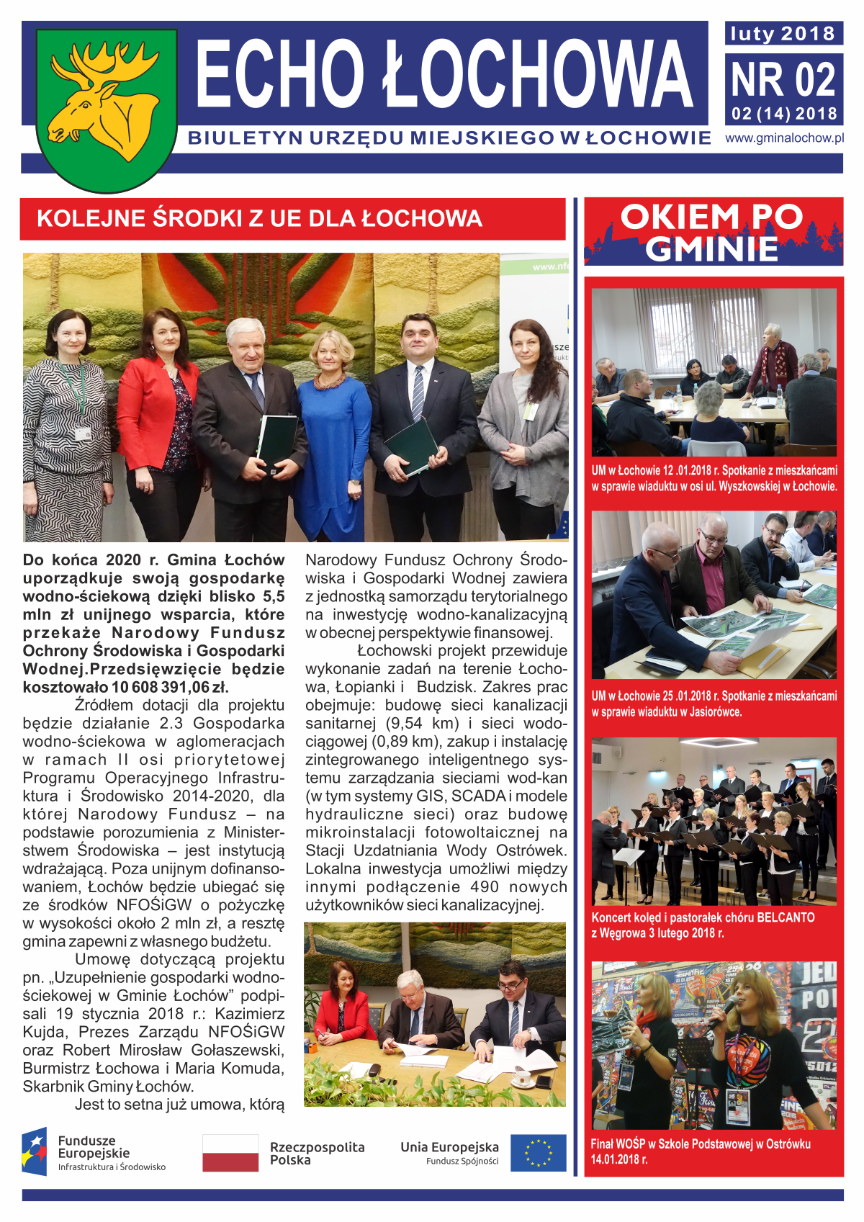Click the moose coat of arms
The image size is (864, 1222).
pos(106,108)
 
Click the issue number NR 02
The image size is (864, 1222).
pos(783,80)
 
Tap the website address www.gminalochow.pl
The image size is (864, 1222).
pos(784,138)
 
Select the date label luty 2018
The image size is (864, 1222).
pos(783,34)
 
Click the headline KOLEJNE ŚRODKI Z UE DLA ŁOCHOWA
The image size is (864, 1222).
pos(259,219)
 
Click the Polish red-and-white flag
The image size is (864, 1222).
pos(230,1153)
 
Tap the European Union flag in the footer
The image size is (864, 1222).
pos(538,1153)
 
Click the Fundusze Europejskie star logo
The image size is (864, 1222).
pos(35,1151)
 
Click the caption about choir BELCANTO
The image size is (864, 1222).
pos(703,925)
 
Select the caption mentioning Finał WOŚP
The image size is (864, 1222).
pos(700,1151)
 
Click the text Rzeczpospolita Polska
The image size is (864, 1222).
pos(317,1154)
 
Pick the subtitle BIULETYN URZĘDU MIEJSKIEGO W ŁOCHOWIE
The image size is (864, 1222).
pos(449,138)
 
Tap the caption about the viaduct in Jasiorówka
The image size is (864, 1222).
pos(714,704)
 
